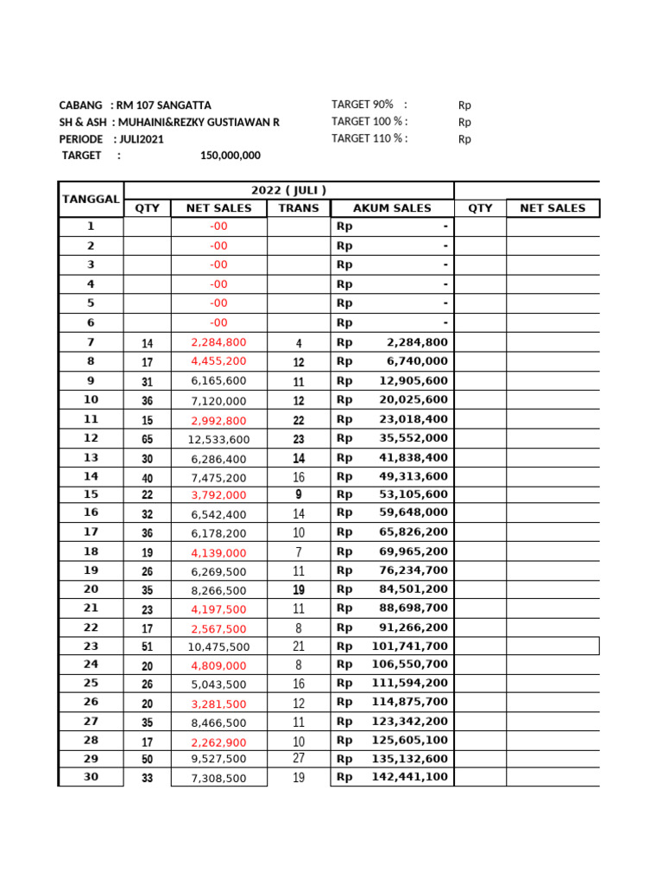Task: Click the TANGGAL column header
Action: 91,199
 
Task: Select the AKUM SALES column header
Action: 392,208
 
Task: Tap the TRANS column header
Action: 299,208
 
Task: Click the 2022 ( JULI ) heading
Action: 288,190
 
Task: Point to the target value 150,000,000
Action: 230,156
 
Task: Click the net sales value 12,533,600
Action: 218,439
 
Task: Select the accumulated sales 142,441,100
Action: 414,777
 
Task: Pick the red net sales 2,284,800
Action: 218,343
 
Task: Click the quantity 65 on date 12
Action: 148,439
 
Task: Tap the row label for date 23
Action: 91,646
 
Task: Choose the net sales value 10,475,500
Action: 218,646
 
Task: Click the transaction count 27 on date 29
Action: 299,759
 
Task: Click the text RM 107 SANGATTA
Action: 164,105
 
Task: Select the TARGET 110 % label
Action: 369,138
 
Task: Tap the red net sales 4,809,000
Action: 218,665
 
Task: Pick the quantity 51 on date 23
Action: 148,646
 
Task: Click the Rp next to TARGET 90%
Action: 464,105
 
